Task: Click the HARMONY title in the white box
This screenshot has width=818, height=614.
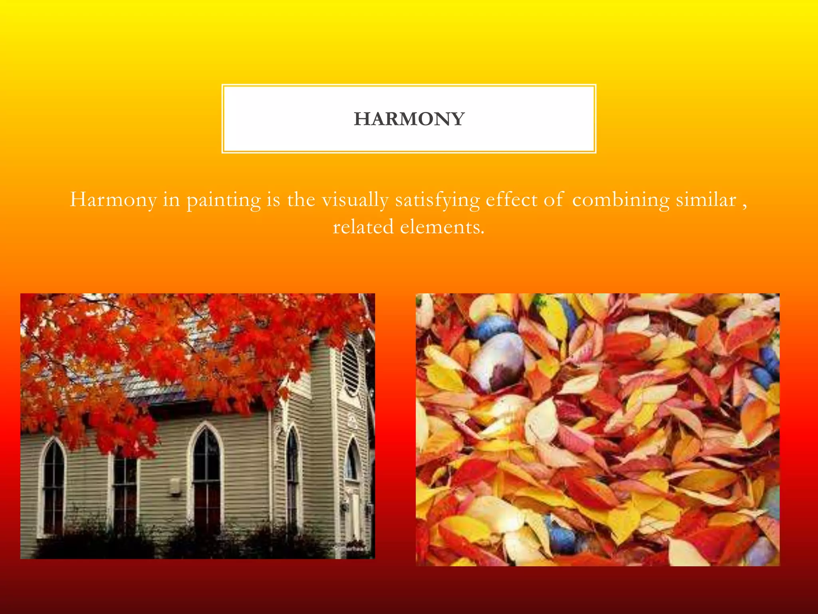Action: coord(409,119)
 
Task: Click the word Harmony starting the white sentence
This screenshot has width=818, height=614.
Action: coord(113,200)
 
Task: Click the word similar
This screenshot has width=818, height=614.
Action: coord(706,200)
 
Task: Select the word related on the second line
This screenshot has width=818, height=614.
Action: coord(363,227)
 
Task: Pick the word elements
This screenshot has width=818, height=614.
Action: coord(442,227)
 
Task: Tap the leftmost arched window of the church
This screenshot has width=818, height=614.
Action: coord(53,488)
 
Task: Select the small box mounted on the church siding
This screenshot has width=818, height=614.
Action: coord(175,486)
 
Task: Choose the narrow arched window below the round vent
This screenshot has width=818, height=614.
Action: coord(352,460)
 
